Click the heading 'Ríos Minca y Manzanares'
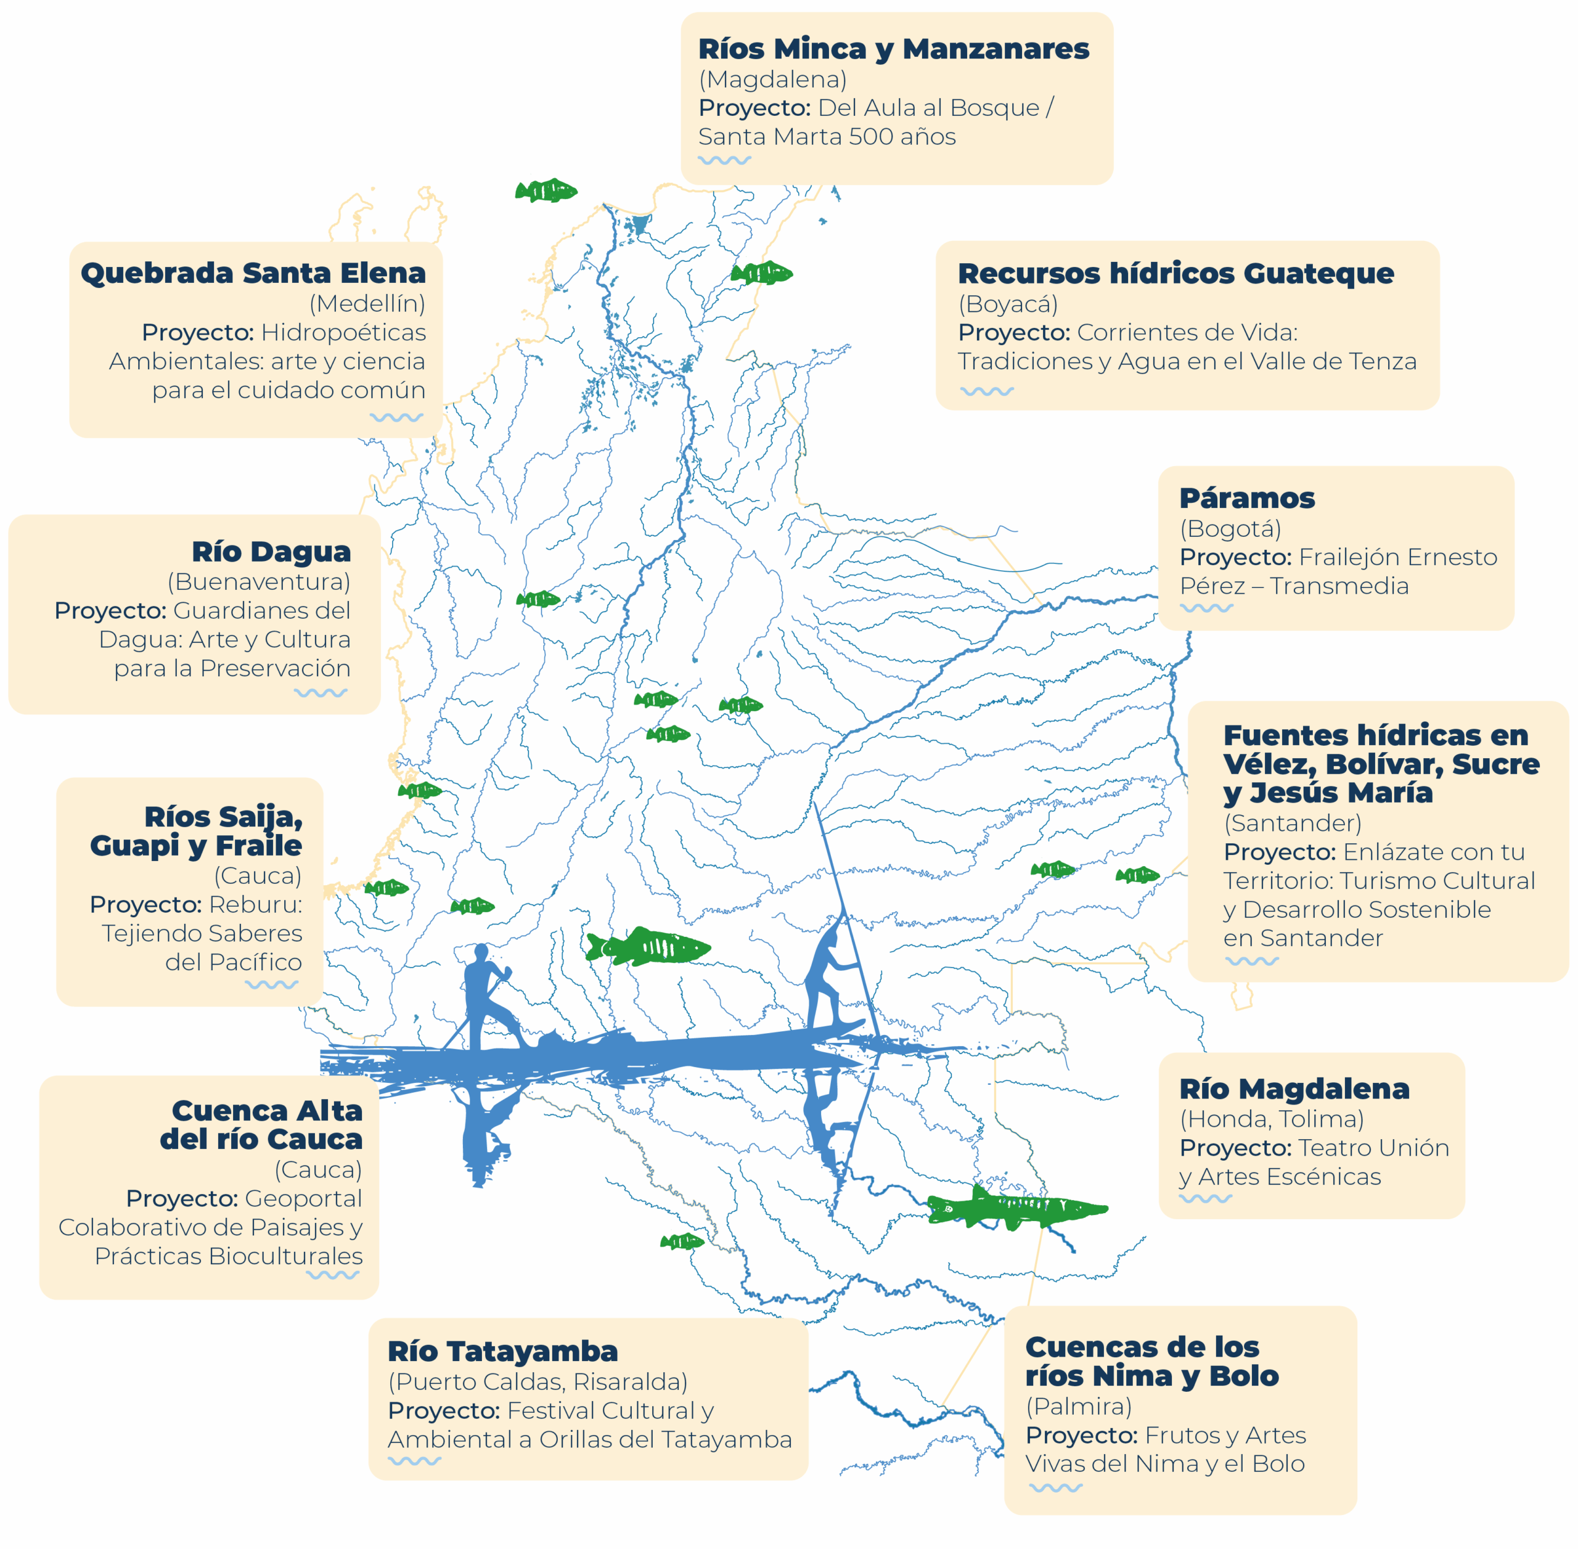coord(893,49)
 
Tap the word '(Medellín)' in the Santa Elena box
coord(367,303)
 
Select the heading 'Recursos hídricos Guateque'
coord(1175,273)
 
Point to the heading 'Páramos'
coord(1246,498)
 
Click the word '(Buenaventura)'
coord(259,582)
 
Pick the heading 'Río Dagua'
coord(271,552)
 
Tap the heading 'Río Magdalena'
coord(1294,1089)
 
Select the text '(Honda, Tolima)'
coord(1272,1119)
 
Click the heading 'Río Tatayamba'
coord(503,1351)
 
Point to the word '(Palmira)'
coord(1079,1406)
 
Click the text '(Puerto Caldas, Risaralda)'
coord(538,1381)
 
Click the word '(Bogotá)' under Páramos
coord(1230,528)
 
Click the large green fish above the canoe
coord(648,947)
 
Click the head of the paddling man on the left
coord(481,953)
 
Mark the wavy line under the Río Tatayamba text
coord(414,1460)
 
